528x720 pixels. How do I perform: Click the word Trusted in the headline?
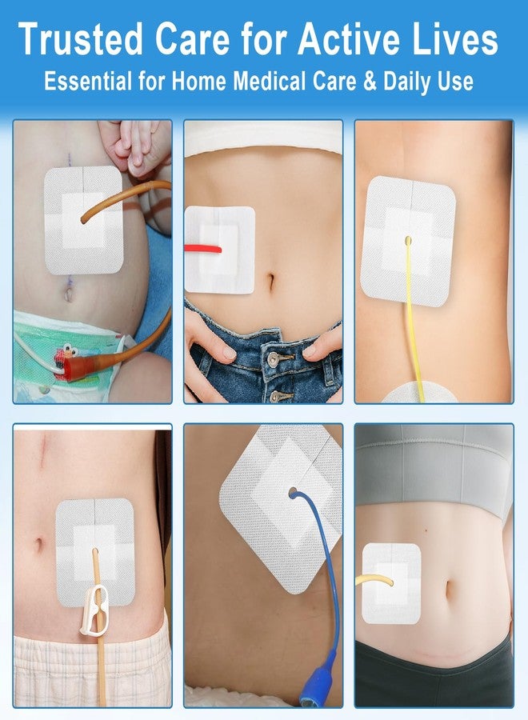[81, 39]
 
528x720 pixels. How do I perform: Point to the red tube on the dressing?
[202, 249]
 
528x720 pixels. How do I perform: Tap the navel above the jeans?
[271, 282]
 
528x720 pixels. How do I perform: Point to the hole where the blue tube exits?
[293, 493]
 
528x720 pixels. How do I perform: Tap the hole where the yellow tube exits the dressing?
[408, 240]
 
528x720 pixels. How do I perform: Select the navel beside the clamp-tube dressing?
[39, 545]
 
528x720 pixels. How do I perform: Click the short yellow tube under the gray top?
[374, 581]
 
